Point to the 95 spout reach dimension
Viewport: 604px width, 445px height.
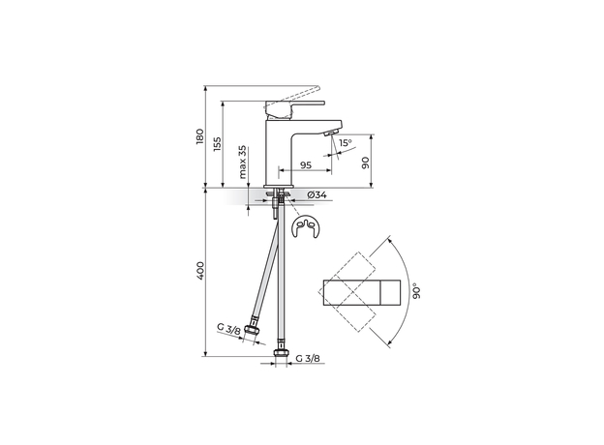click(x=304, y=165)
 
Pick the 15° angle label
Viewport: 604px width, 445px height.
click(x=346, y=143)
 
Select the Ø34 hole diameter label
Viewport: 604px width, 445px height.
click(x=316, y=196)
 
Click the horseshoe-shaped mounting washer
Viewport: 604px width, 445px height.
click(x=305, y=231)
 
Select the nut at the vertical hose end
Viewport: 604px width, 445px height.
click(x=282, y=349)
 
